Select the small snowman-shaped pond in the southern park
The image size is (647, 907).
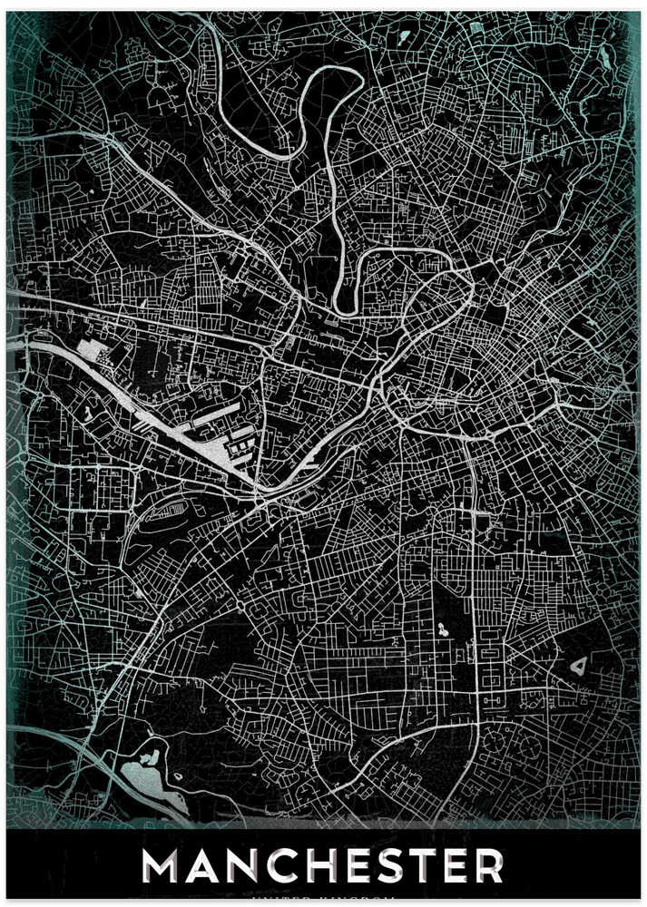[x=442, y=629]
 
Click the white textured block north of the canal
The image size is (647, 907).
[x=93, y=350]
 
